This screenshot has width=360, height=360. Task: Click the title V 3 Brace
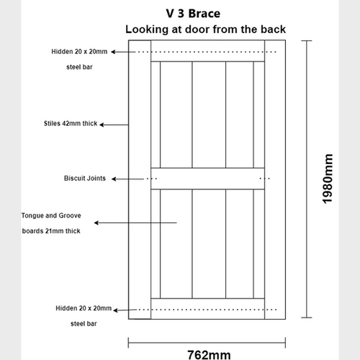pyautogui.click(x=188, y=13)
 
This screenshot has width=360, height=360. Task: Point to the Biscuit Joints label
pyautogui.click(x=85, y=178)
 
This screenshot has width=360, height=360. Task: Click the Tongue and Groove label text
pyautogui.click(x=55, y=215)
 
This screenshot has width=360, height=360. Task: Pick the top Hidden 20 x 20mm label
pyautogui.click(x=81, y=52)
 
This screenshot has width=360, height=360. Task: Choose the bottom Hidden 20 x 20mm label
pyautogui.click(x=84, y=308)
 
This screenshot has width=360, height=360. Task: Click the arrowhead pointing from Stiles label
pyautogui.click(x=102, y=125)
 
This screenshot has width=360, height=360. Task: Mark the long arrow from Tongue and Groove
pyautogui.click(x=136, y=223)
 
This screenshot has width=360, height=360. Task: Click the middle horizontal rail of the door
pyautogui.click(x=207, y=178)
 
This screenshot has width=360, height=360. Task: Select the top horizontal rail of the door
pyautogui.click(x=207, y=52)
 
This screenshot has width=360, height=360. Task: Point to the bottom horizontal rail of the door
pyautogui.click(x=207, y=308)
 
